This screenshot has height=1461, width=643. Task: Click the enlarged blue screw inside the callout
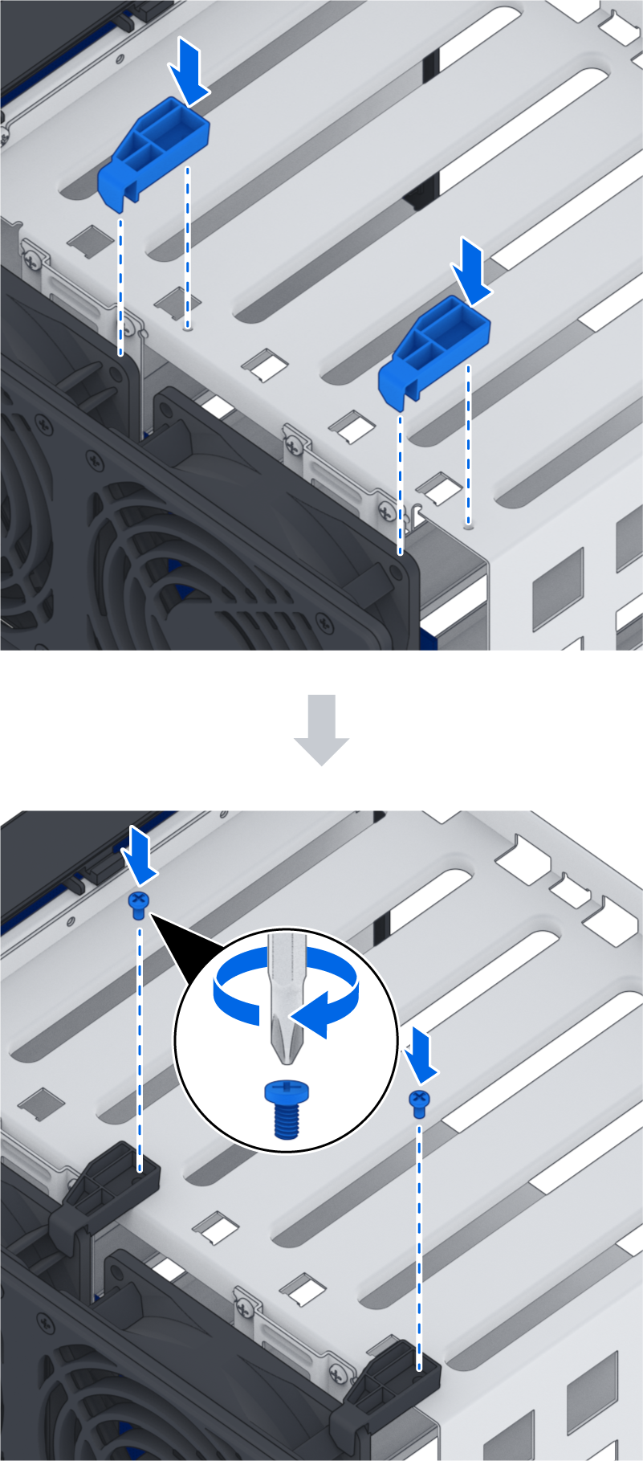tap(286, 1108)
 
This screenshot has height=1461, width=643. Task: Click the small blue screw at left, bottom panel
tap(138, 904)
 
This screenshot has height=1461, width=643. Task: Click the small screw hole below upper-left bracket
tap(187, 327)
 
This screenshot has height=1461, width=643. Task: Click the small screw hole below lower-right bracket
tap(468, 525)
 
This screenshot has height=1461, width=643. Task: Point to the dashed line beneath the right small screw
tap(418, 1237)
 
